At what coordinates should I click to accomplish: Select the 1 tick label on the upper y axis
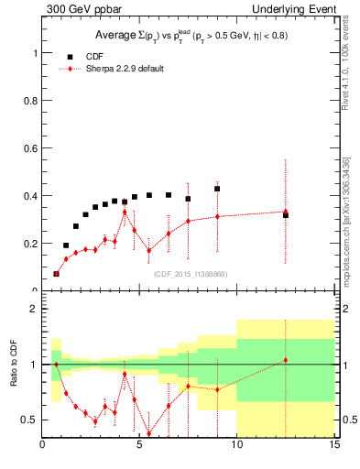(35, 53)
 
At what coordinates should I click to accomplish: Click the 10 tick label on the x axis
(237, 446)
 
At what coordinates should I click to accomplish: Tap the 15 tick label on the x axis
(334, 446)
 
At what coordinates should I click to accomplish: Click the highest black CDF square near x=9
(217, 189)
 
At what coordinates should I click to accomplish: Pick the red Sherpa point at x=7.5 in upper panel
(188, 221)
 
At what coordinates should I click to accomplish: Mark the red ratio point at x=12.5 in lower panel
(286, 360)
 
